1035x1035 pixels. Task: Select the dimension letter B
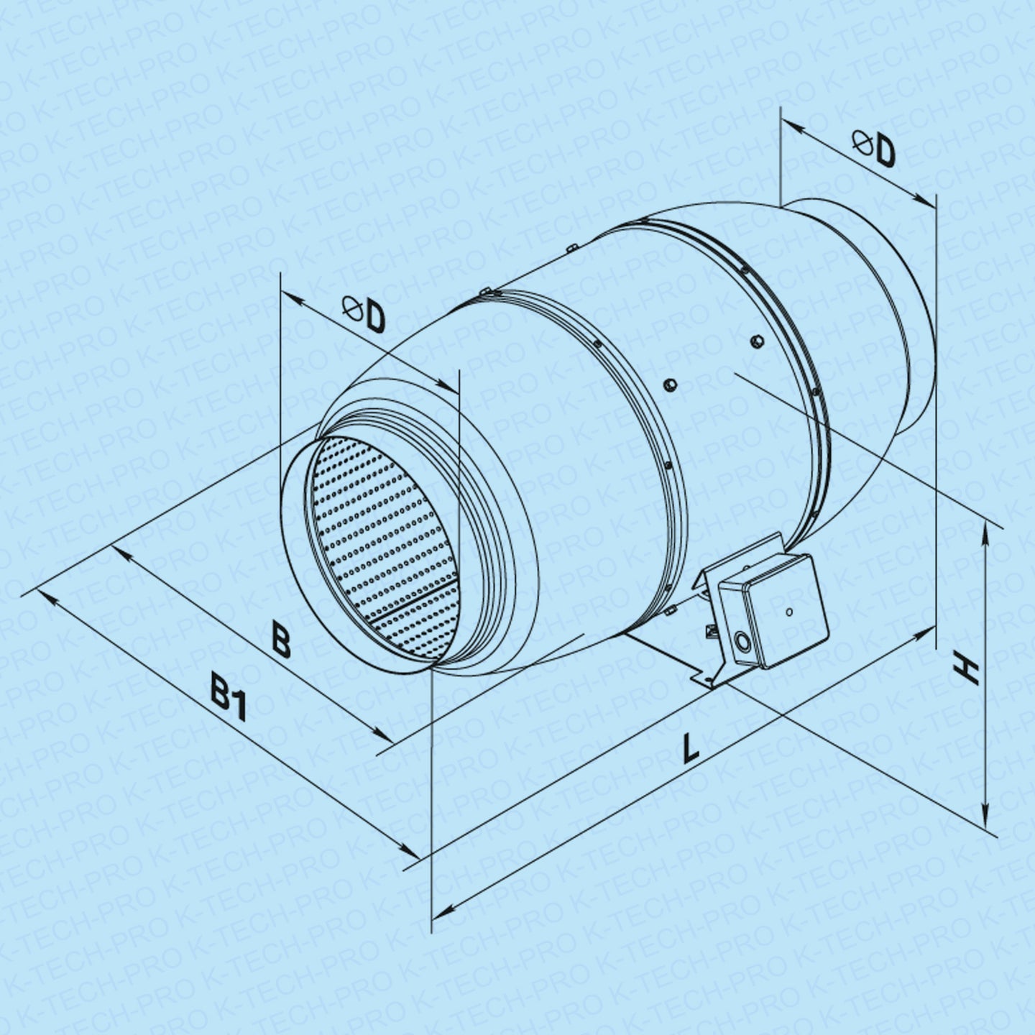tap(281, 639)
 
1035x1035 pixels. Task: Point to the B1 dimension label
tap(228, 701)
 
